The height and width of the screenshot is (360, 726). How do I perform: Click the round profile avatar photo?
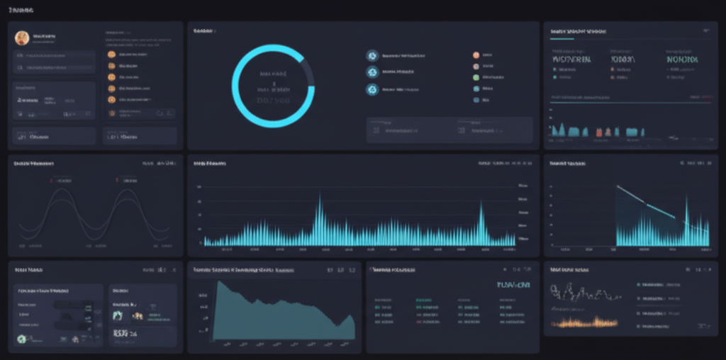click(22, 38)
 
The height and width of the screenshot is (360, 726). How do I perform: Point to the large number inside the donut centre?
click(273, 101)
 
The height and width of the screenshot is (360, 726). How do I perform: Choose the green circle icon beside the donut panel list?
click(476, 77)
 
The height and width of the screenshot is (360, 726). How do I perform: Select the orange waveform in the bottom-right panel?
click(586, 322)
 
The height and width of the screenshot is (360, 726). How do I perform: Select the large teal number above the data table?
click(513, 285)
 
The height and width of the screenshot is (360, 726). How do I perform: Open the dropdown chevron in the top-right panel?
click(705, 31)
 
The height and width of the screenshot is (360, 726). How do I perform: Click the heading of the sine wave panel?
click(33, 164)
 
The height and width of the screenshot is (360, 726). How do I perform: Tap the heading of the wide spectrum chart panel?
click(210, 164)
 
